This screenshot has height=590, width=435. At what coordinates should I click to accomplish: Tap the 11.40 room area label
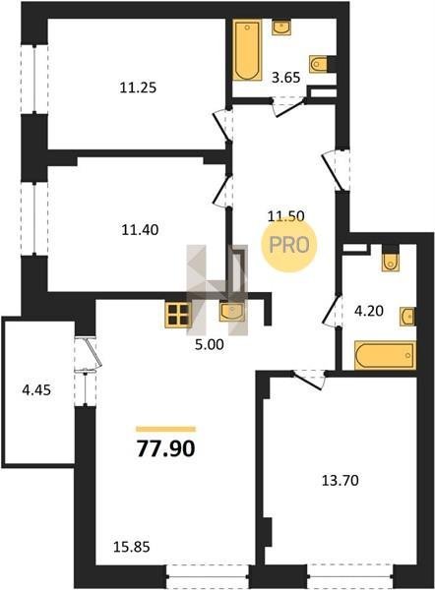click(x=140, y=229)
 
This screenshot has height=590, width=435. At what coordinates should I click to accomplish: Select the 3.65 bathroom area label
click(x=285, y=78)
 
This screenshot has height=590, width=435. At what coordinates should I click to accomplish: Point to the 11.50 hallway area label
click(x=285, y=216)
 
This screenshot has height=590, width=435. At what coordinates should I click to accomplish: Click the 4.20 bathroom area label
click(x=369, y=311)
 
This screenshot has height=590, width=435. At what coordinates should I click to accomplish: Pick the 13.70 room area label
click(x=340, y=481)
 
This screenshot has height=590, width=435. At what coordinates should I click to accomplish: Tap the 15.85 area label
click(x=132, y=547)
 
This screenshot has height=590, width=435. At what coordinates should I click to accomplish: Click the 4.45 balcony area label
click(x=36, y=390)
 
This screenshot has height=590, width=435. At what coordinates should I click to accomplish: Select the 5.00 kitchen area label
click(x=210, y=344)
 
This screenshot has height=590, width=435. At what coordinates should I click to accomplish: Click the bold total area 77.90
click(x=165, y=448)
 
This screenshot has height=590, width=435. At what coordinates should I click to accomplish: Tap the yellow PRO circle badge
click(x=289, y=245)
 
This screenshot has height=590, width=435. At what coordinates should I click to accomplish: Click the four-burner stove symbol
click(x=178, y=315)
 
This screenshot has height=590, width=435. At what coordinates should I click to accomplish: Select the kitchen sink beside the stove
click(x=232, y=313)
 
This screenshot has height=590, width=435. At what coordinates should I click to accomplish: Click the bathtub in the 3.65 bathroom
click(x=247, y=50)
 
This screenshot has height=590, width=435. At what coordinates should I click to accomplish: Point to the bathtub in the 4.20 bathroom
click(x=385, y=355)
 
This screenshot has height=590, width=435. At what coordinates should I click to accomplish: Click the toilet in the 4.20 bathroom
click(x=390, y=262)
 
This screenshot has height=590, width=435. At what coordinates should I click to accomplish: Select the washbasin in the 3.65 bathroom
click(x=281, y=28)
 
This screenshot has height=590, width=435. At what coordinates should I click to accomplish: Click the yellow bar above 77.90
click(x=165, y=429)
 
